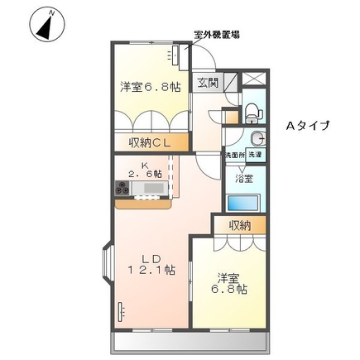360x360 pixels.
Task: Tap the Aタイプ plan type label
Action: (x=308, y=126)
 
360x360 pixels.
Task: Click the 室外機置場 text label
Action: (x=217, y=35)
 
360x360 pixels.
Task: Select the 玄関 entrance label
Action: (x=208, y=82)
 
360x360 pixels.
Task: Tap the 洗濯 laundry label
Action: (x=258, y=155)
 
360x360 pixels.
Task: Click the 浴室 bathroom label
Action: (x=243, y=179)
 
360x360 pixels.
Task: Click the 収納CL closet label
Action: (x=149, y=143)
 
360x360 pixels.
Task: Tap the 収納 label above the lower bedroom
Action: (x=240, y=225)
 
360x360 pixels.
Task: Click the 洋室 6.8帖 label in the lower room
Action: (x=228, y=283)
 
